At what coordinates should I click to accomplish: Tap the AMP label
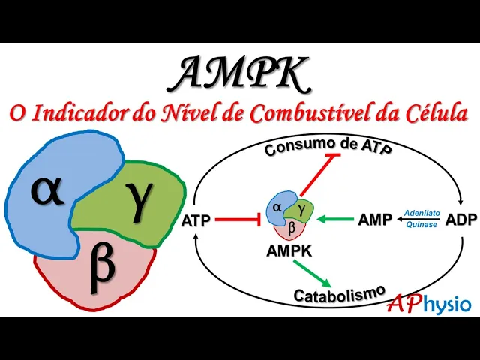373,220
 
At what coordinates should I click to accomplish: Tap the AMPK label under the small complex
289,251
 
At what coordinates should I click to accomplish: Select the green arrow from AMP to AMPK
334,220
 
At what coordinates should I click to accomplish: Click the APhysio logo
429,304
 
